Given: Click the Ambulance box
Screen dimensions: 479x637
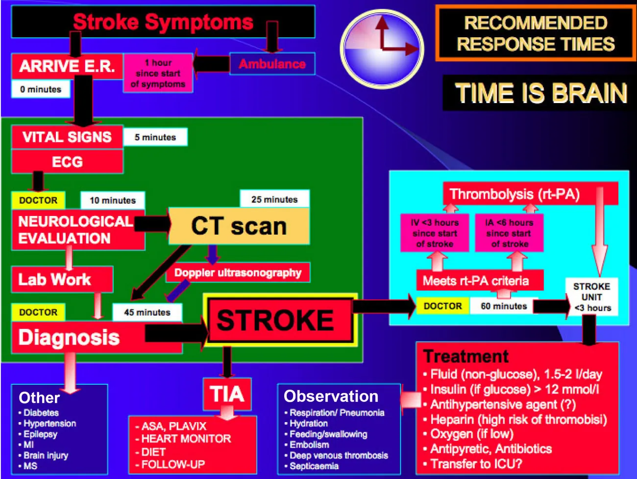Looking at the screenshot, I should [x=272, y=64].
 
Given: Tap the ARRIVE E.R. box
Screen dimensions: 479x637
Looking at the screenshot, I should [x=67, y=66].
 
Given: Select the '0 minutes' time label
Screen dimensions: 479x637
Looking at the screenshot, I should [x=41, y=89].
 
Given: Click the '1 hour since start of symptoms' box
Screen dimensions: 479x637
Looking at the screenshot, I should [x=158, y=73].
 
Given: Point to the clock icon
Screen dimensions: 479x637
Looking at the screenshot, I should [x=382, y=48].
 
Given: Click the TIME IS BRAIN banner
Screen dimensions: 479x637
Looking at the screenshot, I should [x=540, y=93].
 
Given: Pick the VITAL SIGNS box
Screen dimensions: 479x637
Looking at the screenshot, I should [x=67, y=137].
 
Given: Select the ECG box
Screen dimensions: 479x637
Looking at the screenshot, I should [x=67, y=161].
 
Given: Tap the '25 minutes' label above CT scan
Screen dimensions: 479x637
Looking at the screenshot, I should [x=274, y=199].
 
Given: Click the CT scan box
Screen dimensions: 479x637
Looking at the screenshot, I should [x=239, y=226].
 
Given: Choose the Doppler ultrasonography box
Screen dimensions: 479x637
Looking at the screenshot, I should [x=238, y=273].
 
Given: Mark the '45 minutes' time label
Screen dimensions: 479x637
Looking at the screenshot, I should [x=147, y=312].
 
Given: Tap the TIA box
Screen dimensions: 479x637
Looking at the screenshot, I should [x=227, y=394].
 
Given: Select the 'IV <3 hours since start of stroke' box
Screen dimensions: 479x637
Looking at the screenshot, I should [x=434, y=233].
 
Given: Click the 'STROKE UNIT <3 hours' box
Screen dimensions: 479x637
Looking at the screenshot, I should [x=591, y=297].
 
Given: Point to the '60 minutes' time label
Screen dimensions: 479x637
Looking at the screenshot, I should [x=504, y=306].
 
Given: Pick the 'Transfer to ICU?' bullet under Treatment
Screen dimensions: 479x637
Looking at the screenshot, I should [x=476, y=464].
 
